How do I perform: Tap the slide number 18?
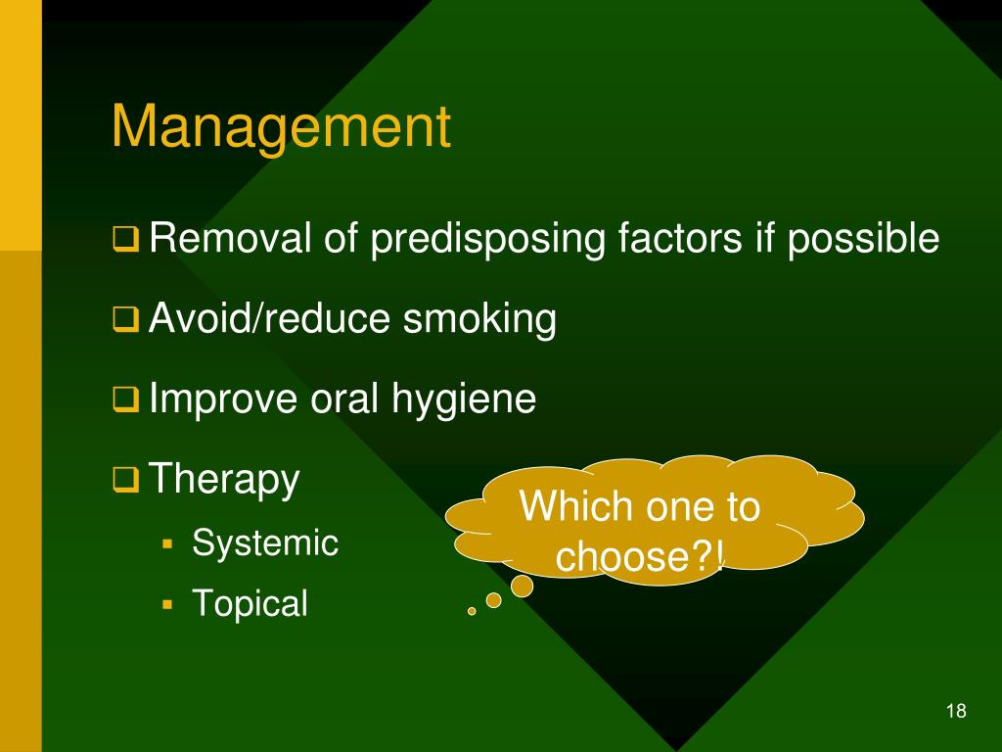click(956, 711)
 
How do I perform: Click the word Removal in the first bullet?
click(230, 239)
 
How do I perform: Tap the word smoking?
click(478, 319)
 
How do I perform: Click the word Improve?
click(222, 399)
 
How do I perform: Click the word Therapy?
click(224, 481)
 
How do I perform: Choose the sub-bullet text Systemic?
click(265, 542)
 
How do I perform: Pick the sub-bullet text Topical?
click(250, 603)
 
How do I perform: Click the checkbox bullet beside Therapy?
click(126, 480)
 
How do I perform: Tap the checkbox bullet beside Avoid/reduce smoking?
click(126, 319)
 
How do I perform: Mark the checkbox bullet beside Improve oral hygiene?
click(126, 399)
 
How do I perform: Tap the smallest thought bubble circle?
click(472, 610)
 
